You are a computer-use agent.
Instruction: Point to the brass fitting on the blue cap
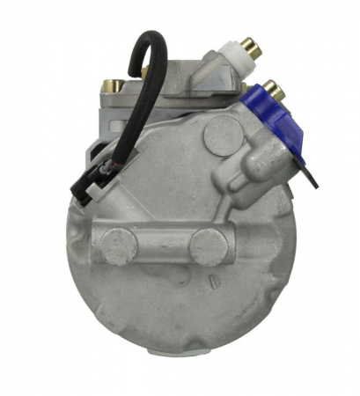point(275,89)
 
